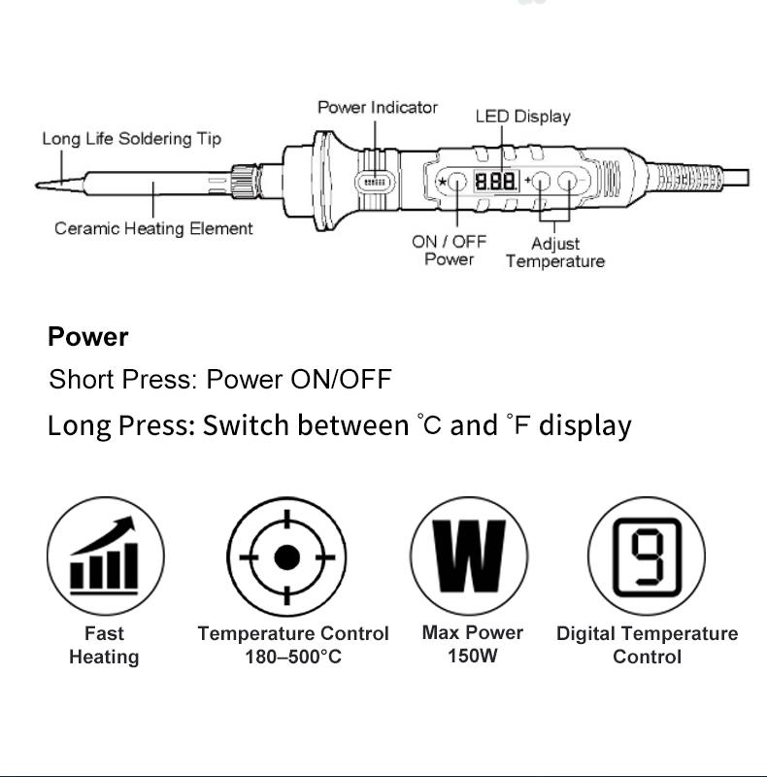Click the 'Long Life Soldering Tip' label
(x=131, y=139)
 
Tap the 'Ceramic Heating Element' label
(x=153, y=228)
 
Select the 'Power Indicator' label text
(x=378, y=107)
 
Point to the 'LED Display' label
(x=522, y=117)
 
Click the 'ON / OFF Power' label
(x=450, y=250)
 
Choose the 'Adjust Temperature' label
(x=554, y=253)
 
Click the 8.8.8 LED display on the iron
(x=495, y=182)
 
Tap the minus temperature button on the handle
(x=568, y=182)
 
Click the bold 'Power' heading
(x=87, y=337)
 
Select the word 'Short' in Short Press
(x=81, y=379)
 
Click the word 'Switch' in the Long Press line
(x=246, y=425)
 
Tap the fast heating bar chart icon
(x=105, y=556)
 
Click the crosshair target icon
(x=286, y=557)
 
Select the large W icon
(x=469, y=556)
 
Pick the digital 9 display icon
(x=646, y=556)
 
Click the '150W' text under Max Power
(x=472, y=657)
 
